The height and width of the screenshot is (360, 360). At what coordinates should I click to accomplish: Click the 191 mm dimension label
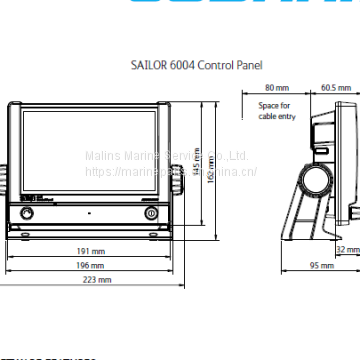coord(90,250)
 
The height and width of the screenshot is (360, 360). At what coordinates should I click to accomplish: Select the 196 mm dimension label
coord(90,266)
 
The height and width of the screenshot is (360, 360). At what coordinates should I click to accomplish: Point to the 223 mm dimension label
coord(97,282)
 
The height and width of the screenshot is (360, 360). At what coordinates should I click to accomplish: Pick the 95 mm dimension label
coord(321,266)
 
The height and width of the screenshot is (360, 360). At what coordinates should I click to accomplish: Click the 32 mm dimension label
coord(348,249)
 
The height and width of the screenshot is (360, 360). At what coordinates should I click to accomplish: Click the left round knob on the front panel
coord(26,214)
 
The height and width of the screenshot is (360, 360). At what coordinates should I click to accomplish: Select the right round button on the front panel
coord(151,214)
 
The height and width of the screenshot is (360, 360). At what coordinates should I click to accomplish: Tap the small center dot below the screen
coord(89,214)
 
